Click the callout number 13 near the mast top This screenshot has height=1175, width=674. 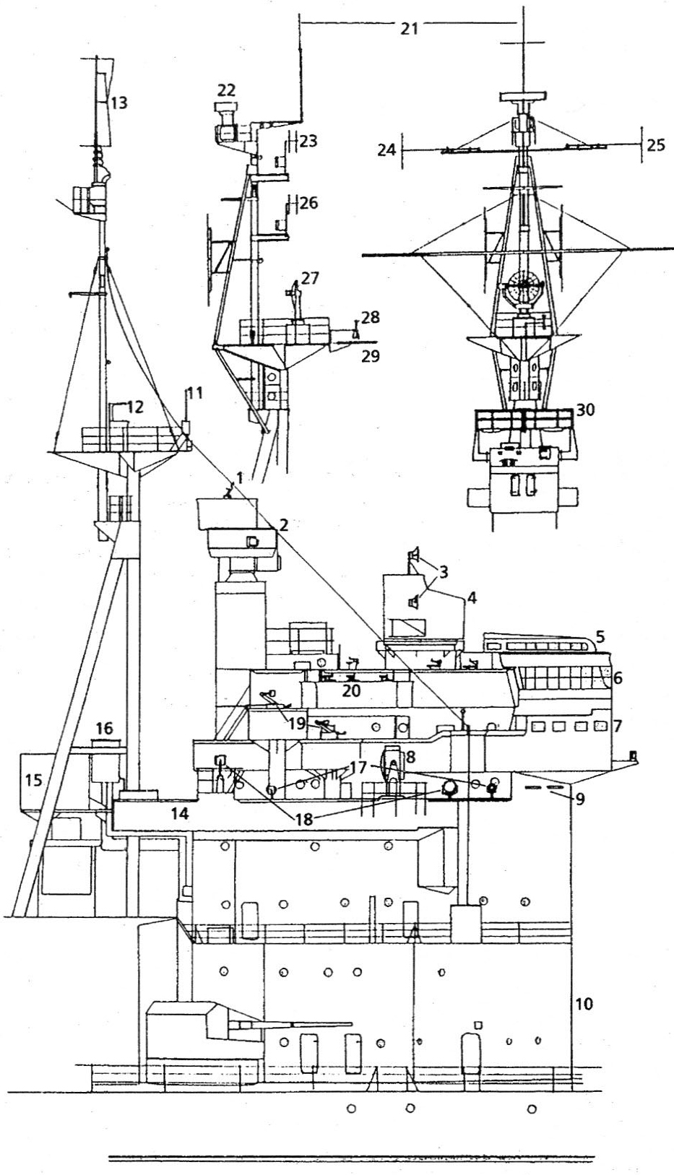point(118,103)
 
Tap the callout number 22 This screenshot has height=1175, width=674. point(226,90)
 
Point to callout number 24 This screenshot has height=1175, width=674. point(387,149)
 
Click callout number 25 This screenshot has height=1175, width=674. point(656,145)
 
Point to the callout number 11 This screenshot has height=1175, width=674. point(194,393)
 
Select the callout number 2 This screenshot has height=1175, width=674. point(284,525)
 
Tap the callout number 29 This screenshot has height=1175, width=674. point(371,356)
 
